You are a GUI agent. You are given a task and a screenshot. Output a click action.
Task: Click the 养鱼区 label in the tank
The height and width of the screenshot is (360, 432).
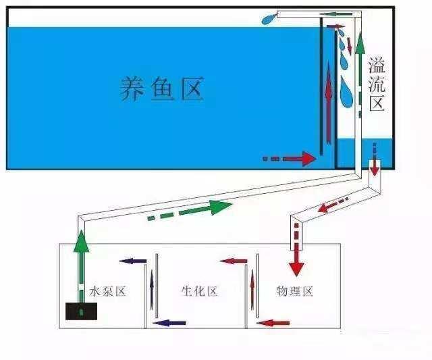tap(161, 88)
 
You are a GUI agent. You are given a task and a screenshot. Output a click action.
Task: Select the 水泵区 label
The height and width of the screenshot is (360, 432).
tap(108, 292)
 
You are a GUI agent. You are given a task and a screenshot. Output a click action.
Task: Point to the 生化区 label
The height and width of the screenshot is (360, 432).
tap(199, 292)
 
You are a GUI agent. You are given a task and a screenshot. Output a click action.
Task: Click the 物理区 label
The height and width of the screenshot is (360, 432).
tap(294, 292)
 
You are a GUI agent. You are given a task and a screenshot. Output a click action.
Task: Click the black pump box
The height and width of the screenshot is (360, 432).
tap(81, 311)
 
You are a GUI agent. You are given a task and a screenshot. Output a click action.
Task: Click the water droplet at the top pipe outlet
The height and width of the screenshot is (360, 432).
tap(269, 19)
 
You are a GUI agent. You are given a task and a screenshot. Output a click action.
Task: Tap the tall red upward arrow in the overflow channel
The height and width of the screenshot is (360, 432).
tap(328, 101)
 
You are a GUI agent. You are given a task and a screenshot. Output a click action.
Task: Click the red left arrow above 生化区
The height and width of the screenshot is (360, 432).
tap(234, 261)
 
